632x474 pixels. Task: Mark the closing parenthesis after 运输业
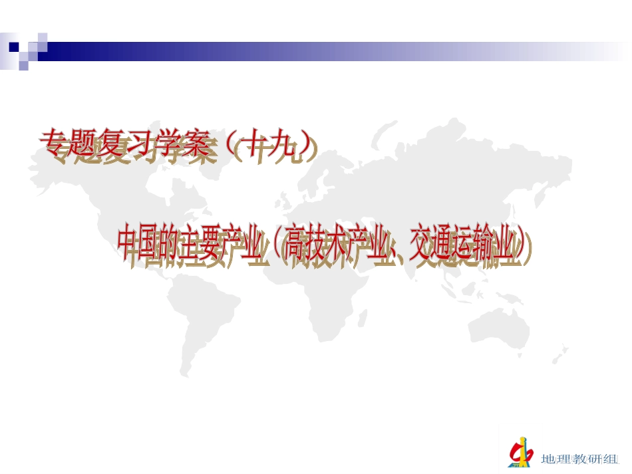point(527,247)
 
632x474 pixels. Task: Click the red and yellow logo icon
point(520,453)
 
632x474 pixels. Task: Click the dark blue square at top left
point(13,47)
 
